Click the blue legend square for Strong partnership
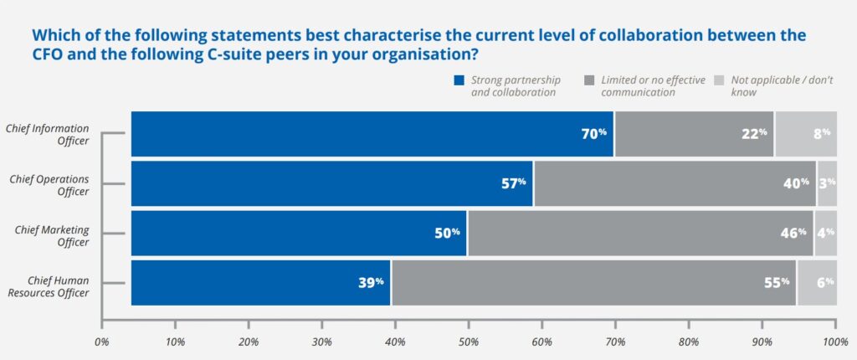[x=458, y=81]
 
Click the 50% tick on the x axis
[x=469, y=341]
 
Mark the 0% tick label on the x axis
[x=101, y=341]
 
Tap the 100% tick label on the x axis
[x=835, y=341]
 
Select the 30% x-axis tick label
[x=321, y=341]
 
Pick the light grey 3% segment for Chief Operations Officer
[x=827, y=183]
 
